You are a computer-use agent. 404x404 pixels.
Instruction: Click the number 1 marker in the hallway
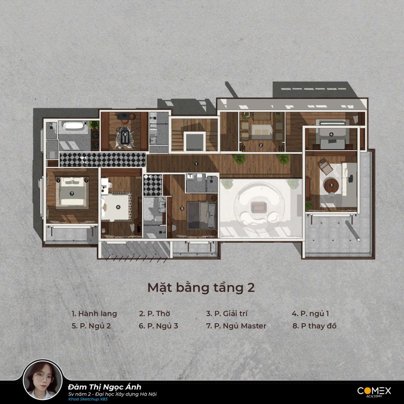(x=196, y=163)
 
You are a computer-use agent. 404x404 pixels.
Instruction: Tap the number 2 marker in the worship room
(x=261, y=145)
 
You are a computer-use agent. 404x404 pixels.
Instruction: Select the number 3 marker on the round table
(x=331, y=185)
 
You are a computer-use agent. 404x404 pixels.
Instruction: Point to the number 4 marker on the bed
(x=331, y=134)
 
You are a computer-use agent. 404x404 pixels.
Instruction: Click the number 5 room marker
(x=182, y=208)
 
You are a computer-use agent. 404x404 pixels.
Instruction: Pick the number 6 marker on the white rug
(x=118, y=207)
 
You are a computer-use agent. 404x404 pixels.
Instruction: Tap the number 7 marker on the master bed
(x=72, y=193)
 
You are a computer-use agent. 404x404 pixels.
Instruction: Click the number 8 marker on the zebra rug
(x=125, y=134)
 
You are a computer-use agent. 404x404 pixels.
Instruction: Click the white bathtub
(x=74, y=127)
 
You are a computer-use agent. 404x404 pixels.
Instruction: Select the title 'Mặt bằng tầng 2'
(x=201, y=288)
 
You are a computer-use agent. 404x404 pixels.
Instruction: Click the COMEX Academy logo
(x=374, y=391)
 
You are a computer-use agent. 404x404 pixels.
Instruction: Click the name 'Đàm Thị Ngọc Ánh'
(x=105, y=387)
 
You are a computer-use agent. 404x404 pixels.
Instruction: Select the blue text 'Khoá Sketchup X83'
(x=88, y=400)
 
